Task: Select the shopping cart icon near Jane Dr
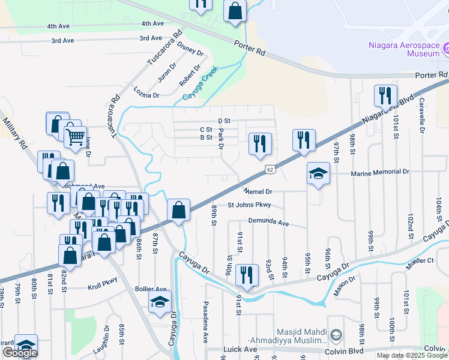pos(75,138)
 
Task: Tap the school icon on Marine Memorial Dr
pos(318,174)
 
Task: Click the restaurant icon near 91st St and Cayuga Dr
pos(247,275)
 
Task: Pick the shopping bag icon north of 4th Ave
pos(235,11)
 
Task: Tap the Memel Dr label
pos(258,191)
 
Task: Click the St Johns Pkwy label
pos(249,205)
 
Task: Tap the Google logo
pos(20,353)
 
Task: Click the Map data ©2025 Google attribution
pos(412,355)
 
